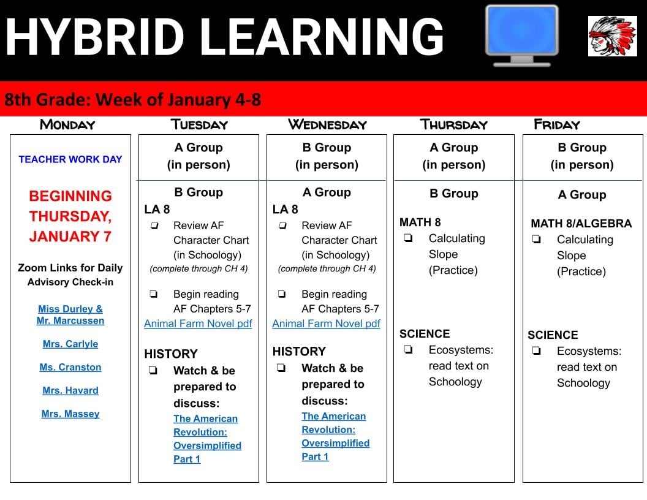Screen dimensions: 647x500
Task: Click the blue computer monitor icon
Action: (x=522, y=36)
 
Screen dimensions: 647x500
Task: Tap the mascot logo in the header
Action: (x=612, y=36)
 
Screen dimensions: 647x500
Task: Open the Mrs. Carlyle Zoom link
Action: (x=70, y=344)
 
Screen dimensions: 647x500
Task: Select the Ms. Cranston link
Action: (x=70, y=367)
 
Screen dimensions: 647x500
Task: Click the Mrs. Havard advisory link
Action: (x=70, y=390)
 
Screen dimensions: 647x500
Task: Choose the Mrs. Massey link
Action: (x=70, y=414)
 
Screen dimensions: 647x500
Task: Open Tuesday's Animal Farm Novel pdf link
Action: (x=198, y=324)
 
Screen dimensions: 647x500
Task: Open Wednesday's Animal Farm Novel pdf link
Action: (x=327, y=324)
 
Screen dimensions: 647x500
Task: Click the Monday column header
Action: (x=67, y=124)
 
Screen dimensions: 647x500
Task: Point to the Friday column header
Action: (x=557, y=124)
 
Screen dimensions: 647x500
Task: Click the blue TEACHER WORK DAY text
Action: (x=70, y=159)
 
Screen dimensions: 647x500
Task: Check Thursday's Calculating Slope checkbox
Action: (x=409, y=238)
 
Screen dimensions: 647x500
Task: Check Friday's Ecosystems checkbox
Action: (x=537, y=351)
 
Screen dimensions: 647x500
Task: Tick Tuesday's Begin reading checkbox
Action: (x=154, y=294)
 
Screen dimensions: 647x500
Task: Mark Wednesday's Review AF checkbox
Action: (x=282, y=225)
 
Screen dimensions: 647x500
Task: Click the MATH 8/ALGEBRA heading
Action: (x=581, y=224)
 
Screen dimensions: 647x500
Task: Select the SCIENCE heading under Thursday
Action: (x=425, y=334)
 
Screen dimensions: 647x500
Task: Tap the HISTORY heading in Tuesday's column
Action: (x=171, y=354)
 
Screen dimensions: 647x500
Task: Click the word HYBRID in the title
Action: (x=95, y=37)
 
